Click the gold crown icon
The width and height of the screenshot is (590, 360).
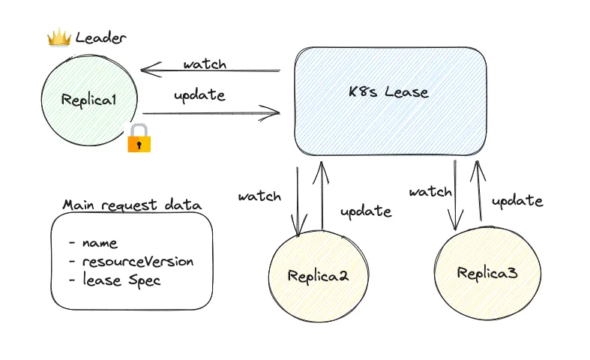(58, 37)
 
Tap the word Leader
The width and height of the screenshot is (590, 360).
(101, 37)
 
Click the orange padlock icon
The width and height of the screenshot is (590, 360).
(139, 139)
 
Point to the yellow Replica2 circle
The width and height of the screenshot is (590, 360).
(318, 275)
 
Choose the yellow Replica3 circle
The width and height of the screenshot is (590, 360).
(487, 272)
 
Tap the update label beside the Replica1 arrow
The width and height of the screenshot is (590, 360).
(199, 95)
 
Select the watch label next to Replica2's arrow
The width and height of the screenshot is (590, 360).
(259, 196)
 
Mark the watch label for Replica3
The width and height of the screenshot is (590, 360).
(430, 191)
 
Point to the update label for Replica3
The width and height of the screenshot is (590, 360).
(517, 200)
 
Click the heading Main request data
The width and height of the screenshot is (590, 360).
(132, 205)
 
